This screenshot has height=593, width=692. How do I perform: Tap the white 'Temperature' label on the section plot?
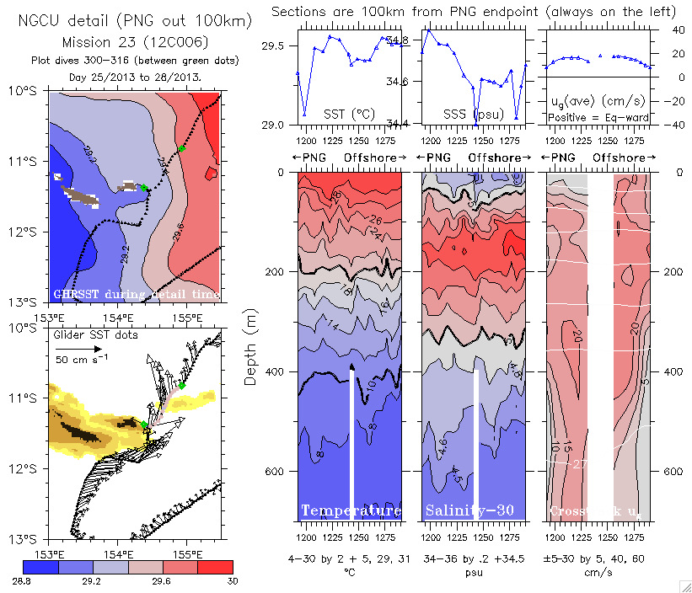coord(351,511)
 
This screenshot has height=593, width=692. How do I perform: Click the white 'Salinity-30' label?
coord(473,511)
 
